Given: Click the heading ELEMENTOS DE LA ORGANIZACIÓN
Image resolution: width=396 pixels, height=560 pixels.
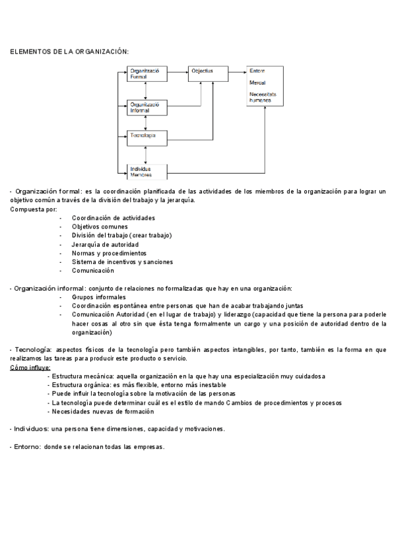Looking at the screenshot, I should click(69, 51).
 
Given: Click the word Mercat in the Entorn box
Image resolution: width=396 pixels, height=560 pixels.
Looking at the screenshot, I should click(257, 83).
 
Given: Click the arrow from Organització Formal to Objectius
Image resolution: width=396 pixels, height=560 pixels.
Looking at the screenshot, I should click(178, 70).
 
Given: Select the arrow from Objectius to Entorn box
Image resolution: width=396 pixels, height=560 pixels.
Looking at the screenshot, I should click(238, 70).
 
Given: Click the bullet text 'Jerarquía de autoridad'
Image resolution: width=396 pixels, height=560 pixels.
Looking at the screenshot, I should click(105, 244).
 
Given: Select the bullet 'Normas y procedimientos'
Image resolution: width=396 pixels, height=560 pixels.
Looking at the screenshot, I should click(109, 253).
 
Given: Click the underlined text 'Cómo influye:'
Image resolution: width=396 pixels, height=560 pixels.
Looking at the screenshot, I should click(30, 367).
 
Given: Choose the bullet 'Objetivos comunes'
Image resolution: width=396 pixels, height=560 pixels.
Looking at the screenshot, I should click(100, 227).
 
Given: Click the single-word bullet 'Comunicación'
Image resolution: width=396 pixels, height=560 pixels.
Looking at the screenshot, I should click(93, 270).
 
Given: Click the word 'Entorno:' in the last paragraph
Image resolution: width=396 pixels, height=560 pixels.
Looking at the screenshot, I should click(27, 447).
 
